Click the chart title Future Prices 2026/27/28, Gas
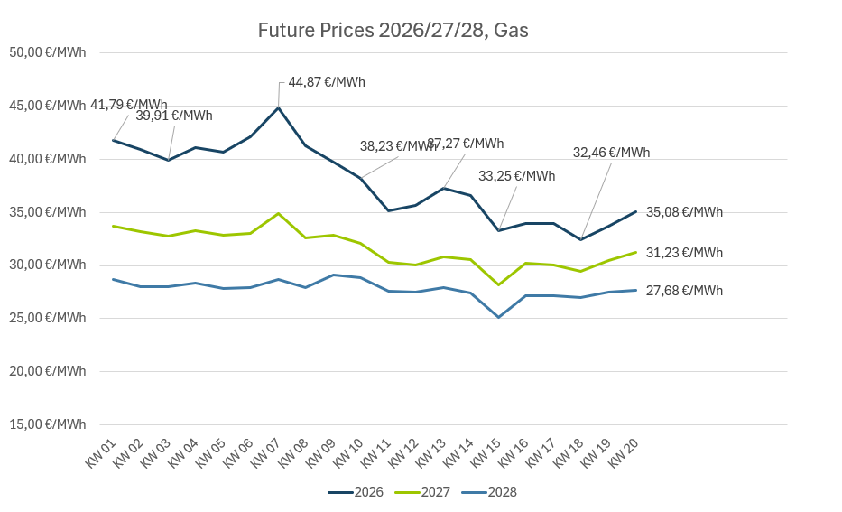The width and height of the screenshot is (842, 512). (393, 30)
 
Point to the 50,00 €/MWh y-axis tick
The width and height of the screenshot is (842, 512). (47, 52)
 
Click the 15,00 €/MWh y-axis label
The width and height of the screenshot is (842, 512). (47, 424)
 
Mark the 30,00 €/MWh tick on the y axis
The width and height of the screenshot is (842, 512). (47, 265)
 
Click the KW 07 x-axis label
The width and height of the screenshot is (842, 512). (265, 453)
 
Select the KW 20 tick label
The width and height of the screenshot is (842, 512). (624, 453)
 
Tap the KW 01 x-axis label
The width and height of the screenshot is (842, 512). (101, 453)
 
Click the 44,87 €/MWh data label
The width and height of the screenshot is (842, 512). (327, 82)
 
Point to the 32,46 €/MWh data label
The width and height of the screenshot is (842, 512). (611, 153)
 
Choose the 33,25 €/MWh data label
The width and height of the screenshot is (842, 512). (517, 176)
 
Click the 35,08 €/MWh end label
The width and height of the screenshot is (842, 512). (684, 212)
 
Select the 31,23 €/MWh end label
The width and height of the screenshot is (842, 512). (684, 253)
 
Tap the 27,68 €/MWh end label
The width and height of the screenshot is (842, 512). (684, 291)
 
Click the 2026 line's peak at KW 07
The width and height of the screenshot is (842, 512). (278, 107)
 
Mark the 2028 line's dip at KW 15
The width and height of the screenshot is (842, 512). (498, 317)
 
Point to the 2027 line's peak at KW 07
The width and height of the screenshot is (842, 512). (278, 213)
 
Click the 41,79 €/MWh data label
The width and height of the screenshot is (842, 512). (129, 105)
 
